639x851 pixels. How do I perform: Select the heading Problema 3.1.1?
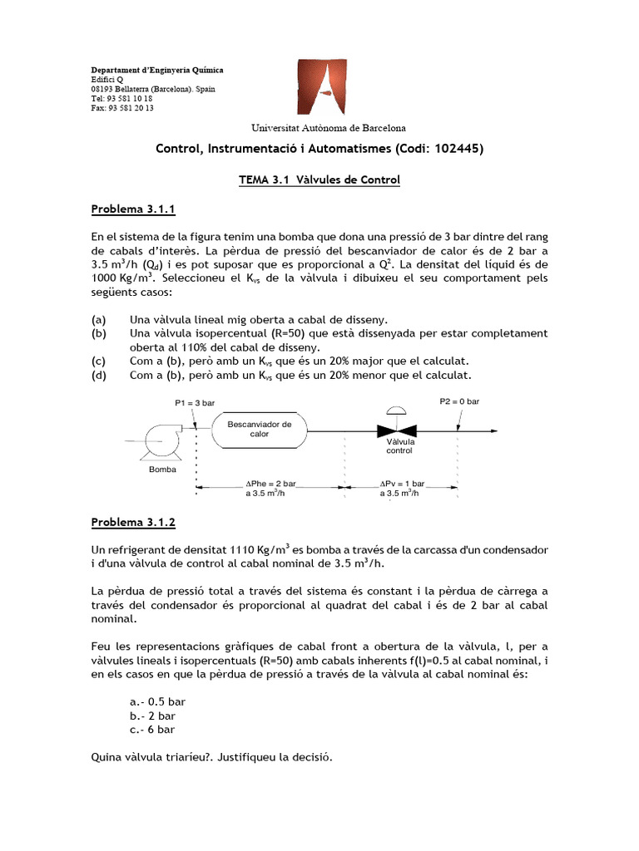coord(133,210)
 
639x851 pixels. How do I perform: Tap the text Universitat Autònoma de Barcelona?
coord(329,128)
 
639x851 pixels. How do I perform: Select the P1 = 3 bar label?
coord(194,402)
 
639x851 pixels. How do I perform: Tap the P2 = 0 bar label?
coord(458,401)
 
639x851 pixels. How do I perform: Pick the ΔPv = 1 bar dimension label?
coord(402,488)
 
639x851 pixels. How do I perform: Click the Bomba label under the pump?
coord(162,469)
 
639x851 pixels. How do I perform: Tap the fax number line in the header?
coord(121,108)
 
